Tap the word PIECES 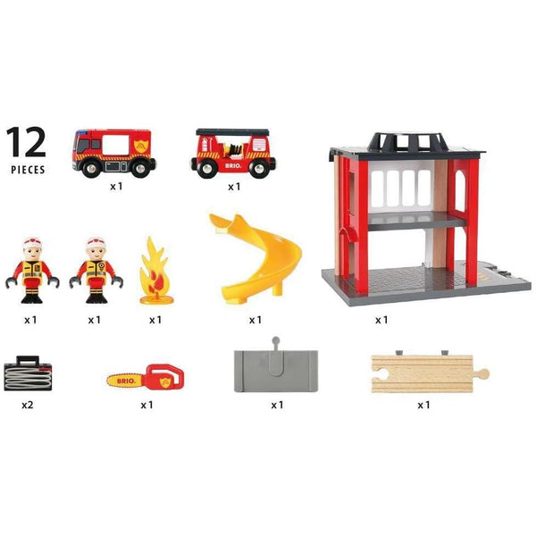coord(27,167)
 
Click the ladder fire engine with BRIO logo coord(233,153)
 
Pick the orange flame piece coord(155,272)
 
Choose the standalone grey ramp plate coord(275,368)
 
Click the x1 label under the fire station coord(381,319)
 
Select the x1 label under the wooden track coord(424,404)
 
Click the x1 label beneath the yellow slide coord(255,319)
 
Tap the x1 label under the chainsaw coord(147,404)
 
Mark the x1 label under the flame coord(155,319)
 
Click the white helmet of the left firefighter coord(31,244)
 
